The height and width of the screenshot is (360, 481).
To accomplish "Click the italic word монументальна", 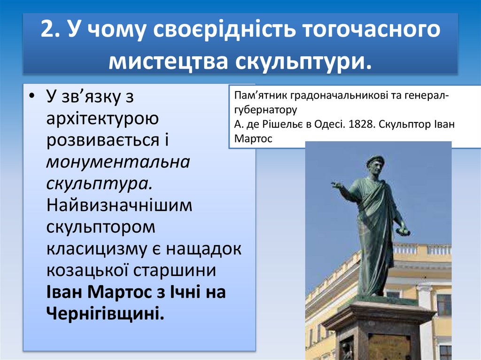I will [118, 162].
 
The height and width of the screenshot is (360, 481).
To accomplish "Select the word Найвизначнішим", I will [119, 206].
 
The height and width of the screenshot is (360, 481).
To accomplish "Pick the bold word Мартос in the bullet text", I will [124, 292].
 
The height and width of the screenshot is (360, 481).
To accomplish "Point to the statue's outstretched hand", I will [336, 185].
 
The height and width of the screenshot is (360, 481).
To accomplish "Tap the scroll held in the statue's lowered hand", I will [403, 231].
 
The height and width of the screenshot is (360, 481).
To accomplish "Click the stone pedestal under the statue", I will [378, 329].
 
